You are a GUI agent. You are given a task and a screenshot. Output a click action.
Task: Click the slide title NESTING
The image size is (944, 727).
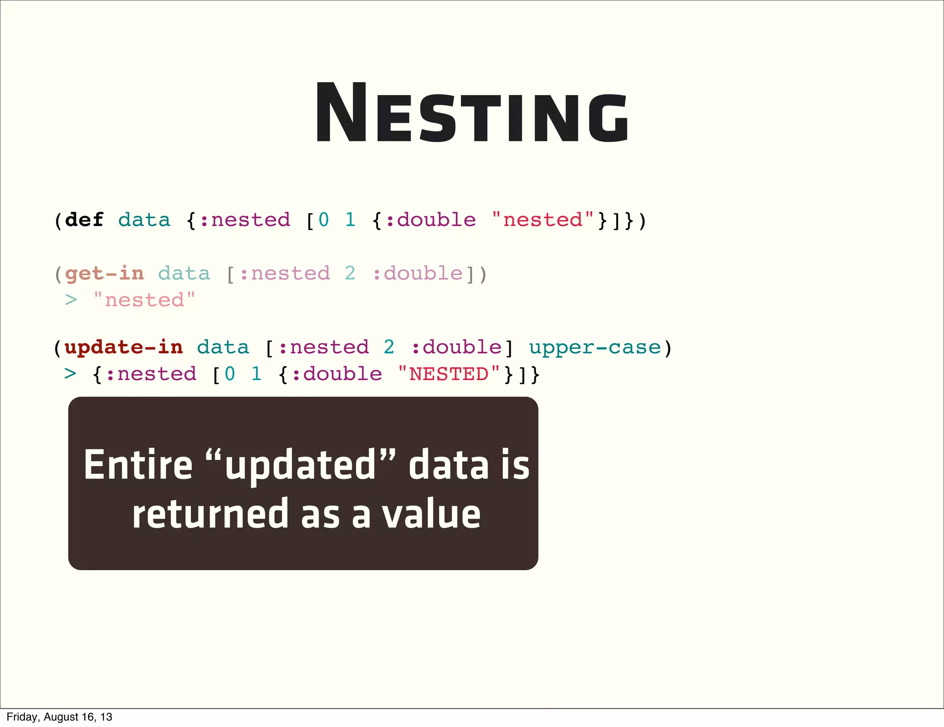point(471,113)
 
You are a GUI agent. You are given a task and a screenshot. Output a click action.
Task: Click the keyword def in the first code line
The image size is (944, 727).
point(84,220)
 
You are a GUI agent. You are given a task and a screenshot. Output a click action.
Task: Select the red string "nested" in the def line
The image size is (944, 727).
point(543,220)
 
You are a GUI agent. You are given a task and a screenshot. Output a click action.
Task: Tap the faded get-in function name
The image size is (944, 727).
point(104,274)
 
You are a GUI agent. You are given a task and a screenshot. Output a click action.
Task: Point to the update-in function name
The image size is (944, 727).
point(124,347)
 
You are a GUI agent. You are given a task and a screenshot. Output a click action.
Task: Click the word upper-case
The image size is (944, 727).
point(595,347)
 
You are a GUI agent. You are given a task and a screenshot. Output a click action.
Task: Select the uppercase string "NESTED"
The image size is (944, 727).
point(448,374)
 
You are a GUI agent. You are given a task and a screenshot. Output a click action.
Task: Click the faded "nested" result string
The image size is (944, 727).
point(144,300)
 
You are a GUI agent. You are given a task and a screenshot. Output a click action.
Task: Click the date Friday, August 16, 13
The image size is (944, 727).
point(59,717)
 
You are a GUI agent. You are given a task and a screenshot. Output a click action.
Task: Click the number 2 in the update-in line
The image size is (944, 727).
point(389,347)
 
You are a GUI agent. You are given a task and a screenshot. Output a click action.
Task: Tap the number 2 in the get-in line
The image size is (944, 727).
point(350,274)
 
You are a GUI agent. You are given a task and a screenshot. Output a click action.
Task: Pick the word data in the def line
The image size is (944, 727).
point(144,220)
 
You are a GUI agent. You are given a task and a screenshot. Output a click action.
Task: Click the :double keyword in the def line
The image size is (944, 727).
point(430,220)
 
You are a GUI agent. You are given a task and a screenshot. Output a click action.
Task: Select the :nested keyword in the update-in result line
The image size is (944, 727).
point(151,374)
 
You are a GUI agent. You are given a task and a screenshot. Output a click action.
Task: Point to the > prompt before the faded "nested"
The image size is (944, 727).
point(71,300)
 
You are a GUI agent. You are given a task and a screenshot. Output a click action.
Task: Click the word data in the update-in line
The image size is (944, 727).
point(223,347)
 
